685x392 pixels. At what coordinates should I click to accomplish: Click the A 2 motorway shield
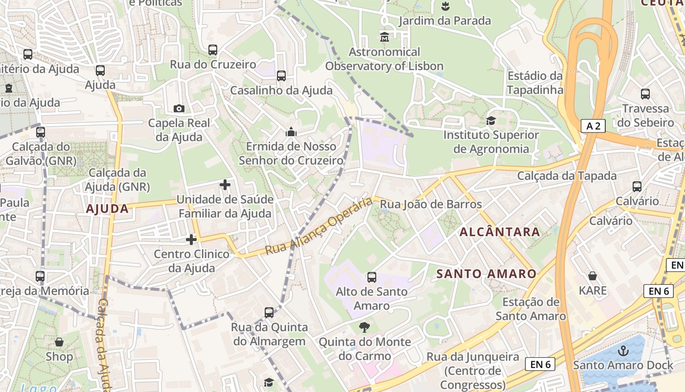coord(593,126)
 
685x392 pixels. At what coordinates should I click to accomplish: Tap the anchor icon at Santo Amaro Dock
coord(623,350)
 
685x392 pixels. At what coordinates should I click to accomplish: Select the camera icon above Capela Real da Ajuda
coord(179,108)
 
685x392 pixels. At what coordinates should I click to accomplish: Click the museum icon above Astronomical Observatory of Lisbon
coord(385,37)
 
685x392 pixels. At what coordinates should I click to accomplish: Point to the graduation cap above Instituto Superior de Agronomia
coord(491,121)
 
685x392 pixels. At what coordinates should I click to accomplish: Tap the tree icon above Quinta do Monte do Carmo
coord(365,327)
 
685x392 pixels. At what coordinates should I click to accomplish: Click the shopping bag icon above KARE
coord(593,276)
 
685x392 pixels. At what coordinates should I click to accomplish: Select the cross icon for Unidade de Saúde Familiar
coord(225,185)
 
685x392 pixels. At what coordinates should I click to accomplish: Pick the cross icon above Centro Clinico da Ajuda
coord(191,240)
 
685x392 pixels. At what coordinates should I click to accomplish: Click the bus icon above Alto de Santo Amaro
coord(372,277)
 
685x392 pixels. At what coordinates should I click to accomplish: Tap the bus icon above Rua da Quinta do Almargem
coord(269,313)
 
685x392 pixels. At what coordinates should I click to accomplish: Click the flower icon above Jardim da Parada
coord(445,6)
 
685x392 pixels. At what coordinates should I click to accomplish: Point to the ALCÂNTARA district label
coord(500,232)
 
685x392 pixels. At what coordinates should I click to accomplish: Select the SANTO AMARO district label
coord(486,273)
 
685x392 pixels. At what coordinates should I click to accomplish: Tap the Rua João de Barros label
coord(431,204)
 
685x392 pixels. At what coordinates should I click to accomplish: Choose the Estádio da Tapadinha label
coord(535,83)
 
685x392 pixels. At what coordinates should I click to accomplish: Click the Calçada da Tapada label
coord(567,175)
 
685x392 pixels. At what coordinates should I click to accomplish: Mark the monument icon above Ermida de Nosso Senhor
coord(291,132)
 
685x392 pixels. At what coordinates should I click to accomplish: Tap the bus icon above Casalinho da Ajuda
coord(281,76)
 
